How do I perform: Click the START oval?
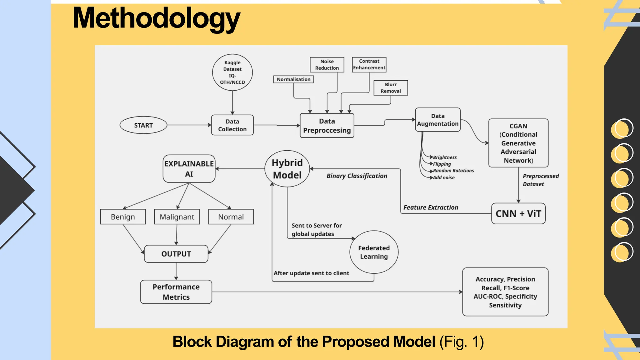143,125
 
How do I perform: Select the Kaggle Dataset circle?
232,72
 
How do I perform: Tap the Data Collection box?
232,125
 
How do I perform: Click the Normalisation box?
293,79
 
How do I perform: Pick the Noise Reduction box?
327,65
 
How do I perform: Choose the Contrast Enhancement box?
369,64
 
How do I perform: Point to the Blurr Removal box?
391,88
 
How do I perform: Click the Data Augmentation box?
437,120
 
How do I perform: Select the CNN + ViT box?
518,214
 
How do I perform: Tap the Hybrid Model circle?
287,169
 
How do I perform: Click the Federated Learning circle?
374,252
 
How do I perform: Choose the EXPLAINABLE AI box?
189,169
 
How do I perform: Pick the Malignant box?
177,217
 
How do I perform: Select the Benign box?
123,217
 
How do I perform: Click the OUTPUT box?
176,254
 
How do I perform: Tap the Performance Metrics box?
176,292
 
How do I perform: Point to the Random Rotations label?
453,171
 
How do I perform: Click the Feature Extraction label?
431,207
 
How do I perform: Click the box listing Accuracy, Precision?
505,292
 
